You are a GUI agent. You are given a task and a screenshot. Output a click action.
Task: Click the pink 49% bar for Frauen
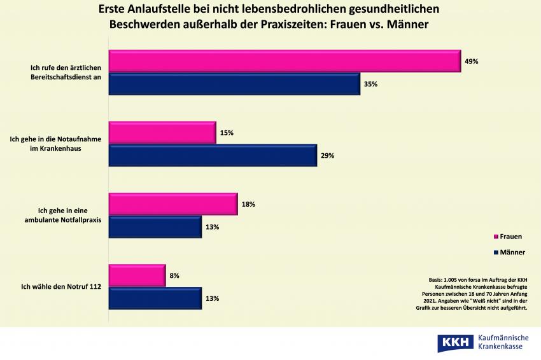pos(284,61)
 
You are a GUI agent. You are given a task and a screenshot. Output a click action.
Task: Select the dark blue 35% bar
pos(234,84)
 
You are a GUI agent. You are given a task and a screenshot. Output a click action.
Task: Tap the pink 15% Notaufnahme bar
pos(162,132)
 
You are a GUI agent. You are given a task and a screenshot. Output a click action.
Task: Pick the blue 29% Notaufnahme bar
pos(213,155)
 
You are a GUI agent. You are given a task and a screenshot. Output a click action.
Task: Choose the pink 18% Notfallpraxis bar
pos(173,204)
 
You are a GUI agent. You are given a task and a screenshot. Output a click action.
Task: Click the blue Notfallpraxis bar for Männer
pos(155,227)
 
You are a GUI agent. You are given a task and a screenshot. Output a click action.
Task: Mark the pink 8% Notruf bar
pos(137,275)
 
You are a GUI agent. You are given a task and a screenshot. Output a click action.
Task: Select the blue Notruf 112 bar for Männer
pos(155,298)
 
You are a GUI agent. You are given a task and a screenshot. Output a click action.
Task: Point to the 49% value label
pos(471,62)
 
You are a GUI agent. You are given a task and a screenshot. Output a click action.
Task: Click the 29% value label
pos(328,156)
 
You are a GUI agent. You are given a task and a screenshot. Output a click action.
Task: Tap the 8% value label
pos(174,276)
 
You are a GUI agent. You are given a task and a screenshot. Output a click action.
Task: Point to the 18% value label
pos(248,204)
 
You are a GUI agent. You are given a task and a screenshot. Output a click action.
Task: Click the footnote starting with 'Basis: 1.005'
pos(475,294)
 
